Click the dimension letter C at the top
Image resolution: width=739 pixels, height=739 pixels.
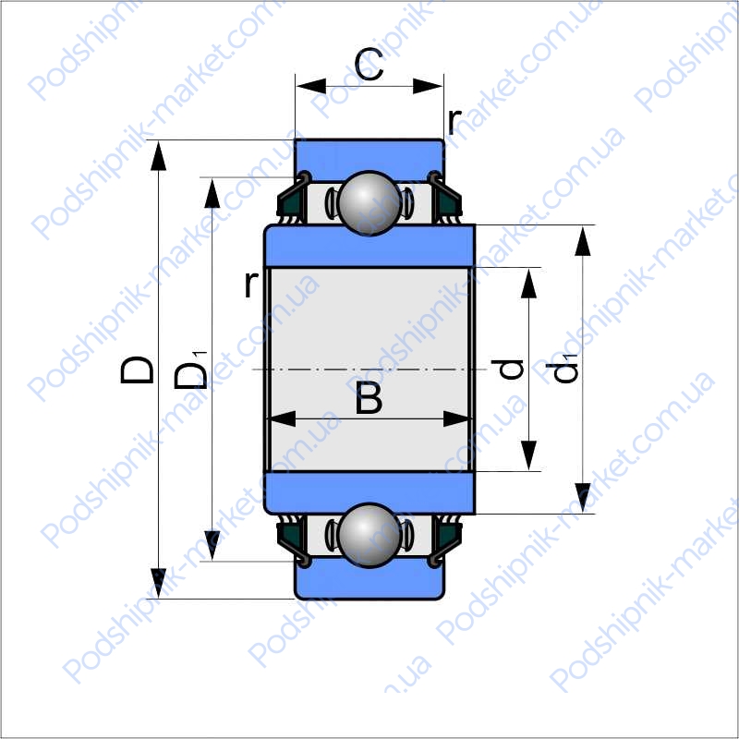tap(369, 64)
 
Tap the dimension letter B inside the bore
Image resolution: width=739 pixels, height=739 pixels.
tap(369, 398)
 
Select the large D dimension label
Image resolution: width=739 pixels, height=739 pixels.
tap(137, 369)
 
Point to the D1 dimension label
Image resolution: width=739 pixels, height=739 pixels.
tap(190, 370)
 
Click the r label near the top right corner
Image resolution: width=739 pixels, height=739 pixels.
tap(454, 121)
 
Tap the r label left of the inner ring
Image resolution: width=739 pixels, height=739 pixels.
tap(251, 285)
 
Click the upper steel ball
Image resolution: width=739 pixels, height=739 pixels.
tap(369, 203)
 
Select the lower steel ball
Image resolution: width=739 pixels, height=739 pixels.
tap(369, 536)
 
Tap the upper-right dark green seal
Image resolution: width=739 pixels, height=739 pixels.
tap(449, 202)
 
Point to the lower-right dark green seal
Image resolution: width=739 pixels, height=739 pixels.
tap(449, 535)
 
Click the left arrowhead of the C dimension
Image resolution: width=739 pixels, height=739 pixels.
tap(311, 86)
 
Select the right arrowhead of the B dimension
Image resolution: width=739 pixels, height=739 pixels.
tap(456, 418)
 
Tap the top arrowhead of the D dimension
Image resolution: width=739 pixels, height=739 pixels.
tap(158, 155)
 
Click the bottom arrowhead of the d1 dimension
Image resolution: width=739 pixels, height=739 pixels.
tap(583, 497)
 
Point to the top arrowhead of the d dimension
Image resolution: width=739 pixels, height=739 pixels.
tap(528, 284)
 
